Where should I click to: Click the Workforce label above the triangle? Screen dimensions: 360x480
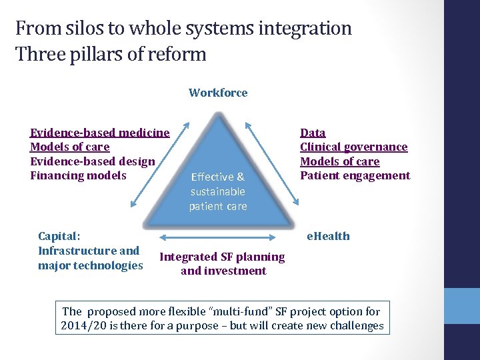pos(218,93)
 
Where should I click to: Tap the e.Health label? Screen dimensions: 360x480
pos(327,236)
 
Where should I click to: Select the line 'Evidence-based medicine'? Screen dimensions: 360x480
pos(100,133)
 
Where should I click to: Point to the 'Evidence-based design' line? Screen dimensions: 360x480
pos(93,161)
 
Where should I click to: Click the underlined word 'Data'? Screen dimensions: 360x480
pos(313,133)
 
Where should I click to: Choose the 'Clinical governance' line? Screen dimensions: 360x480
pos(353,147)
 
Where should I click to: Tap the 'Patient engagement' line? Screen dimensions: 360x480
pos(355,176)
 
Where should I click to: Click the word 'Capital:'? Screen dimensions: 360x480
pos(59,236)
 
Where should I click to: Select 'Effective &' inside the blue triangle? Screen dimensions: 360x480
pos(217,177)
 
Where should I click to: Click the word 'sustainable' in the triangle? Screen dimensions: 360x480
pos(217,191)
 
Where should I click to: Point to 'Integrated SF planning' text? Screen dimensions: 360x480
pos(223,257)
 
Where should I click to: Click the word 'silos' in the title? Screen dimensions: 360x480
pos(85,29)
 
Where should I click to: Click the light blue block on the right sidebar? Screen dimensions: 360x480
pos(462,306)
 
